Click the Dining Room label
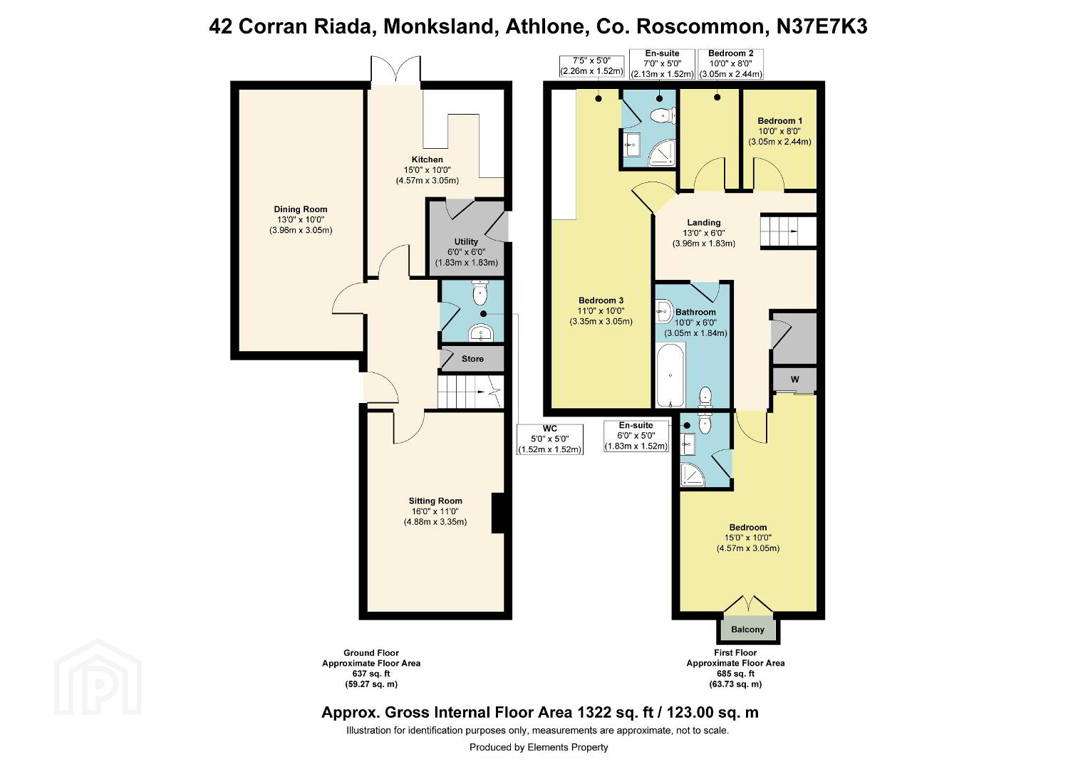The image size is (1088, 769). click(x=301, y=209)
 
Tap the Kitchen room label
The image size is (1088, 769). click(x=428, y=159)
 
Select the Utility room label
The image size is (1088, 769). click(x=466, y=241)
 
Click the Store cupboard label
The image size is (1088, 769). click(x=472, y=359)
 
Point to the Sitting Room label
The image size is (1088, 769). click(x=435, y=501)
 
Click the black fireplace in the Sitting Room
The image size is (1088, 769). click(x=498, y=513)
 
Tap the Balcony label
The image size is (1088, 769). click(x=747, y=629)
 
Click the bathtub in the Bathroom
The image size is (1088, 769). click(x=670, y=375)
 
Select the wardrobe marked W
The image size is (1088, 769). click(x=794, y=379)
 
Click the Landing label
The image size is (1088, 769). click(x=704, y=222)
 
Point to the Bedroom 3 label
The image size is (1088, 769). click(x=601, y=300)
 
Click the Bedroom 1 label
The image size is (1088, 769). click(x=779, y=121)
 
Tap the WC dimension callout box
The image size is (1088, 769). click(x=550, y=439)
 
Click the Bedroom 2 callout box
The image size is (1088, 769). click(x=730, y=63)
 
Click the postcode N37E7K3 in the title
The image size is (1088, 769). click(x=822, y=26)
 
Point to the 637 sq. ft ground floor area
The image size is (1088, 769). click(x=371, y=674)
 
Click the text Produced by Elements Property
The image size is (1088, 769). click(x=539, y=747)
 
